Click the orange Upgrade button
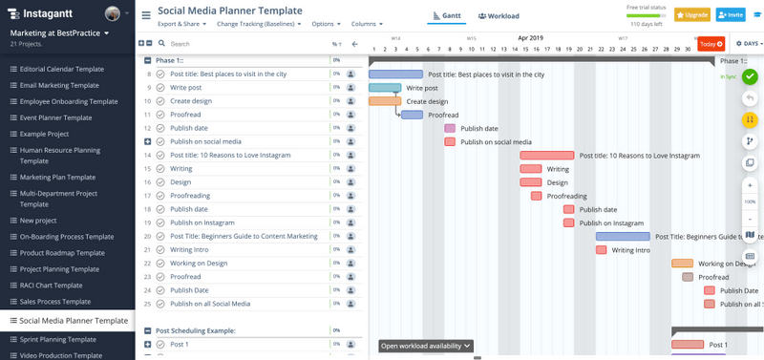[692, 15]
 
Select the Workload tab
[499, 16]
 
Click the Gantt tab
[447, 16]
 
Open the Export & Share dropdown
[181, 24]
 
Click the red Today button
[711, 44]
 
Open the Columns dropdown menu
[367, 24]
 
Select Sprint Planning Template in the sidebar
[57, 339]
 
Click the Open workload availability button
[426, 346]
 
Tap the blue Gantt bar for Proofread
[412, 115]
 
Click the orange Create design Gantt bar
[385, 101]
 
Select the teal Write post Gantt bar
[385, 88]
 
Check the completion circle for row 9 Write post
[160, 88]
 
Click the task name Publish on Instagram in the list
[202, 222]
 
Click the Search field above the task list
[239, 44]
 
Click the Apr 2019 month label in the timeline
[530, 38]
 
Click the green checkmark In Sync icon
[750, 76]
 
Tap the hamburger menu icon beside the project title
[146, 15]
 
